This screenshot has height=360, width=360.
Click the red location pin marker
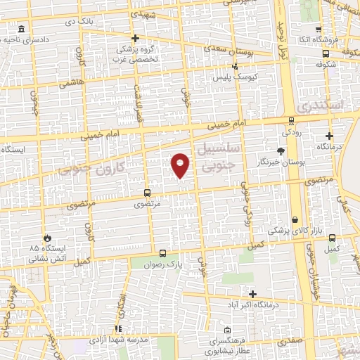181,165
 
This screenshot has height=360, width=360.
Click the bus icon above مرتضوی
147,192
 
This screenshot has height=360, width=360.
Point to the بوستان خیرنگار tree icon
281,151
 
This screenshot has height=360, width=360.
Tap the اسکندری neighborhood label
321,106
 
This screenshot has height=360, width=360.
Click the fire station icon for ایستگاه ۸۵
47,238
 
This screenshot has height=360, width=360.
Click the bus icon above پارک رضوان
162,253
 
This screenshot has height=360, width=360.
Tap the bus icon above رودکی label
291,120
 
